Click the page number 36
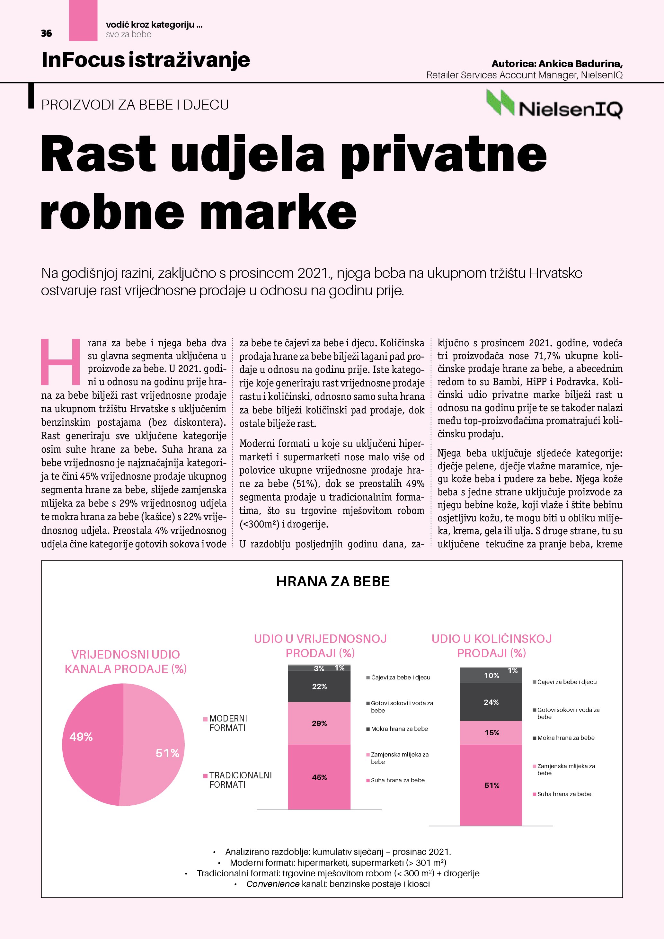[x=46, y=33]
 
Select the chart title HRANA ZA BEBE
[x=333, y=581]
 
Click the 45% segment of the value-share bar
[x=319, y=777]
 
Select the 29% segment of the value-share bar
[x=319, y=723]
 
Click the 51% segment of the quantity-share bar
[x=491, y=785]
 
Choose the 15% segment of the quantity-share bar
[x=491, y=732]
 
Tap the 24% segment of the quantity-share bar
[x=491, y=702]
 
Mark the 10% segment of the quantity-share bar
[x=491, y=676]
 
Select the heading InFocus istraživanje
[x=146, y=60]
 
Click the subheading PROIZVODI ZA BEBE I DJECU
[x=135, y=105]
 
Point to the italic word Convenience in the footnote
[x=273, y=884]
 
